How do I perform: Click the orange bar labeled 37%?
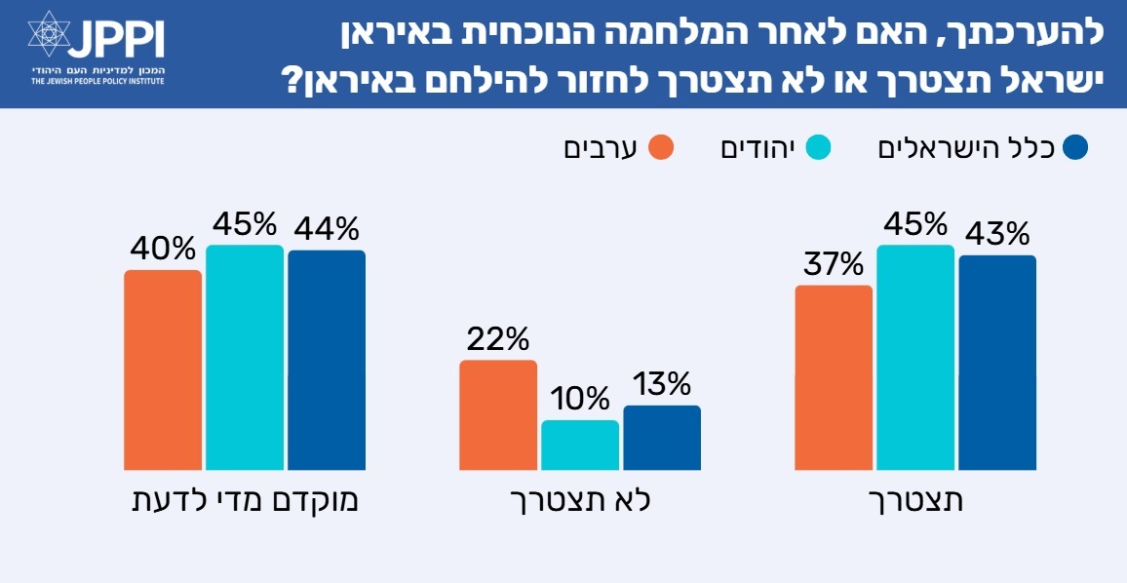pyautogui.click(x=834, y=378)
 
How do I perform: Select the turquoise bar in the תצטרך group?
pyautogui.click(x=915, y=358)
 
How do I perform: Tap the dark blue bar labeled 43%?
pyautogui.click(x=997, y=363)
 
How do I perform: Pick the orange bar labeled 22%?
pyautogui.click(x=498, y=415)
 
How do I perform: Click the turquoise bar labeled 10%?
pyautogui.click(x=580, y=446)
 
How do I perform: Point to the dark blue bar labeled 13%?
pyautogui.click(x=662, y=438)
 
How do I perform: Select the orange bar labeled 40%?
pyautogui.click(x=163, y=370)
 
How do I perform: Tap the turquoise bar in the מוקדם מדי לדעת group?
pyautogui.click(x=245, y=358)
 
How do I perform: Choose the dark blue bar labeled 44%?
pyautogui.click(x=327, y=361)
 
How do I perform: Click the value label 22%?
pyautogui.click(x=497, y=339)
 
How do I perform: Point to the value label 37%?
pyautogui.click(x=834, y=264)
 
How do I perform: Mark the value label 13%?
pyautogui.click(x=661, y=384)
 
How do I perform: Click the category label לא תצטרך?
pyautogui.click(x=581, y=502)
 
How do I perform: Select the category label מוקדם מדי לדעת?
pyautogui.click(x=245, y=502)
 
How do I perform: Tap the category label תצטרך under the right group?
pyautogui.click(x=916, y=502)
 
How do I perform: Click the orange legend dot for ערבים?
pyautogui.click(x=663, y=148)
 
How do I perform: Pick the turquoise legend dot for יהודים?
pyautogui.click(x=817, y=148)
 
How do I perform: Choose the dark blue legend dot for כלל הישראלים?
pyautogui.click(x=1075, y=148)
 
